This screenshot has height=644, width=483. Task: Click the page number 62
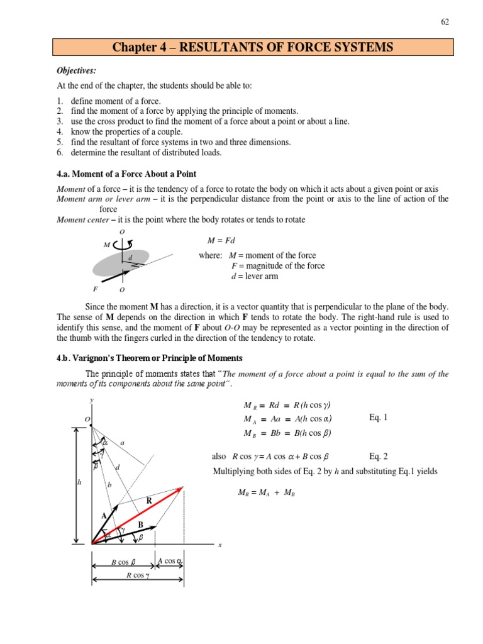coord(445,22)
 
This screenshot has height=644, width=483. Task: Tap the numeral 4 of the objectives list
coord(60,132)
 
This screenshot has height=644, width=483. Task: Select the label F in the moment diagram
coord(95,289)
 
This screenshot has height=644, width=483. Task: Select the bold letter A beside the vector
coord(104,516)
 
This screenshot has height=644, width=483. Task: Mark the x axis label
coord(220,545)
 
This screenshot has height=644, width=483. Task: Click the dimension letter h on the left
coord(79,482)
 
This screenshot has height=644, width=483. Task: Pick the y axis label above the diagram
coord(92,400)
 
